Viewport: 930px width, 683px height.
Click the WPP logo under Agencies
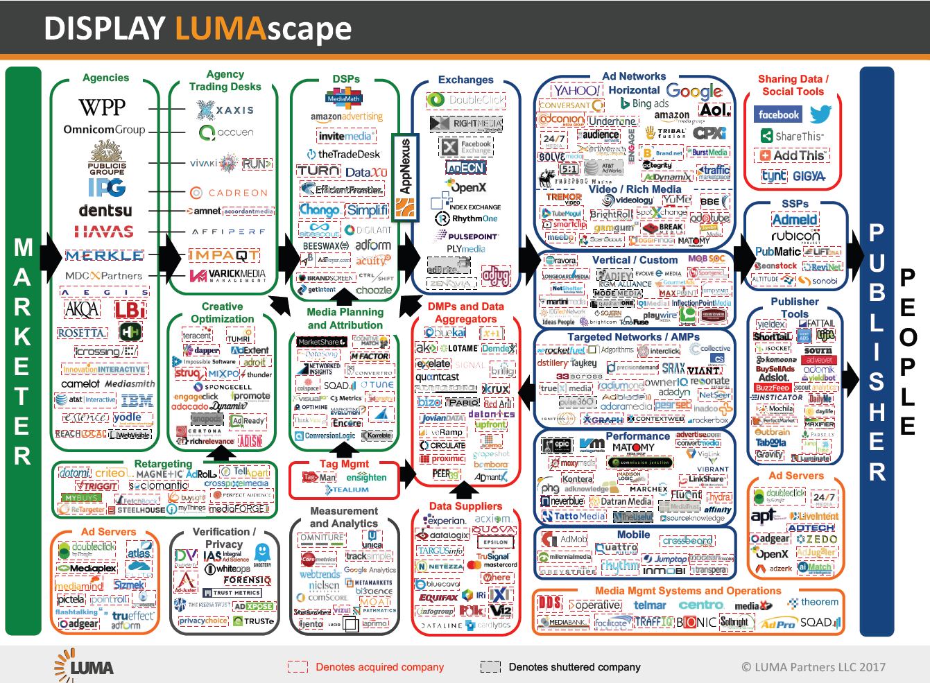coord(102,107)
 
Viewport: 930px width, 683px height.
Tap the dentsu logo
coord(105,210)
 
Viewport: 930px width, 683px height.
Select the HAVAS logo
coord(105,232)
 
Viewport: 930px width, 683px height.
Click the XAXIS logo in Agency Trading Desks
coord(225,110)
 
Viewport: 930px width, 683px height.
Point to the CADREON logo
coord(229,193)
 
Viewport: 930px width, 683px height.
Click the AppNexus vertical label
coord(406,166)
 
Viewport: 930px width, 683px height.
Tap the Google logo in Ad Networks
coord(694,91)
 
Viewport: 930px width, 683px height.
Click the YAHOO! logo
coord(576,90)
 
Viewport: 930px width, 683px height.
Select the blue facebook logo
coord(778,115)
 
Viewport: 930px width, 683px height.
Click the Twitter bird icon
coord(820,114)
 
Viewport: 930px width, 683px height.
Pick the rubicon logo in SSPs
coord(795,236)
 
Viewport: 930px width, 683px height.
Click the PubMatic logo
coord(777,252)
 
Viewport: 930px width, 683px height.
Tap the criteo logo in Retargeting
coord(111,473)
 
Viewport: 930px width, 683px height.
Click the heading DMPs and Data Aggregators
coord(465,313)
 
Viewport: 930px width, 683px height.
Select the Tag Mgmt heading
coord(344,464)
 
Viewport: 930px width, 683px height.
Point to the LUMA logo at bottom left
coord(85,666)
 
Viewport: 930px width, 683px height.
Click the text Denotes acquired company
coord(379,667)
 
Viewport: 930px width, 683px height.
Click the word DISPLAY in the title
coord(104,29)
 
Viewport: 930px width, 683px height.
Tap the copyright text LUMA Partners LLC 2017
coord(813,667)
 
